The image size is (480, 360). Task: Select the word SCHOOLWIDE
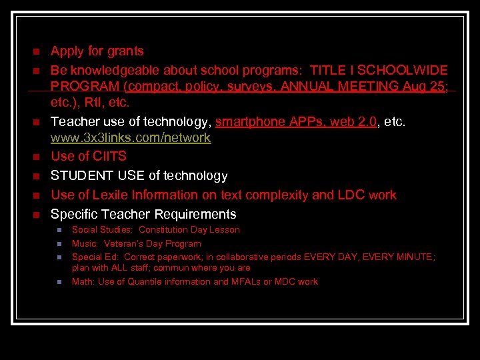click(408, 70)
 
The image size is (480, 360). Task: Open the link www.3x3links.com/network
click(131, 138)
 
